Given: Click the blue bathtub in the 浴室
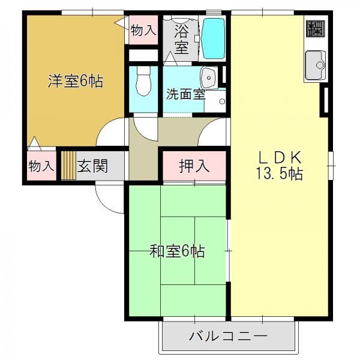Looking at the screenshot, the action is [x=213, y=38].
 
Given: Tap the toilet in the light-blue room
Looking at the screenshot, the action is [x=143, y=81].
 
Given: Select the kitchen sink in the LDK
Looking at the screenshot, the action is [x=315, y=65].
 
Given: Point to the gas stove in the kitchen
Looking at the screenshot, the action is [x=316, y=28].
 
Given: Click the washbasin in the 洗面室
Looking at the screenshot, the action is [x=209, y=78].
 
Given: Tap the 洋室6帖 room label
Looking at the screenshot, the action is [x=76, y=81].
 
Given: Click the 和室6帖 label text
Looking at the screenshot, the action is [x=177, y=251].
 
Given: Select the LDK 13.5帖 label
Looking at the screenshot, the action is [x=280, y=165].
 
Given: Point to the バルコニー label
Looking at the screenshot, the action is [x=229, y=336].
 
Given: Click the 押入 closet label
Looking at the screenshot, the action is [x=194, y=166].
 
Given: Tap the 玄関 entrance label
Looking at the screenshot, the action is [x=92, y=166].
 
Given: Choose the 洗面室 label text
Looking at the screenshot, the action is [x=185, y=94].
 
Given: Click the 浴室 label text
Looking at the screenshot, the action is [x=182, y=39].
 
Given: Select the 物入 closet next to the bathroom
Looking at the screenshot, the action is [x=143, y=30].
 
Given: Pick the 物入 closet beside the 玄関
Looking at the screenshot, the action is [x=41, y=166].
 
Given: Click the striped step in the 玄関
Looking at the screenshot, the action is [x=68, y=166].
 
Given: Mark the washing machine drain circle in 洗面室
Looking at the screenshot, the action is [x=222, y=101].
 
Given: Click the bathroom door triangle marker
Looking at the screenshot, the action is [x=170, y=59].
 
